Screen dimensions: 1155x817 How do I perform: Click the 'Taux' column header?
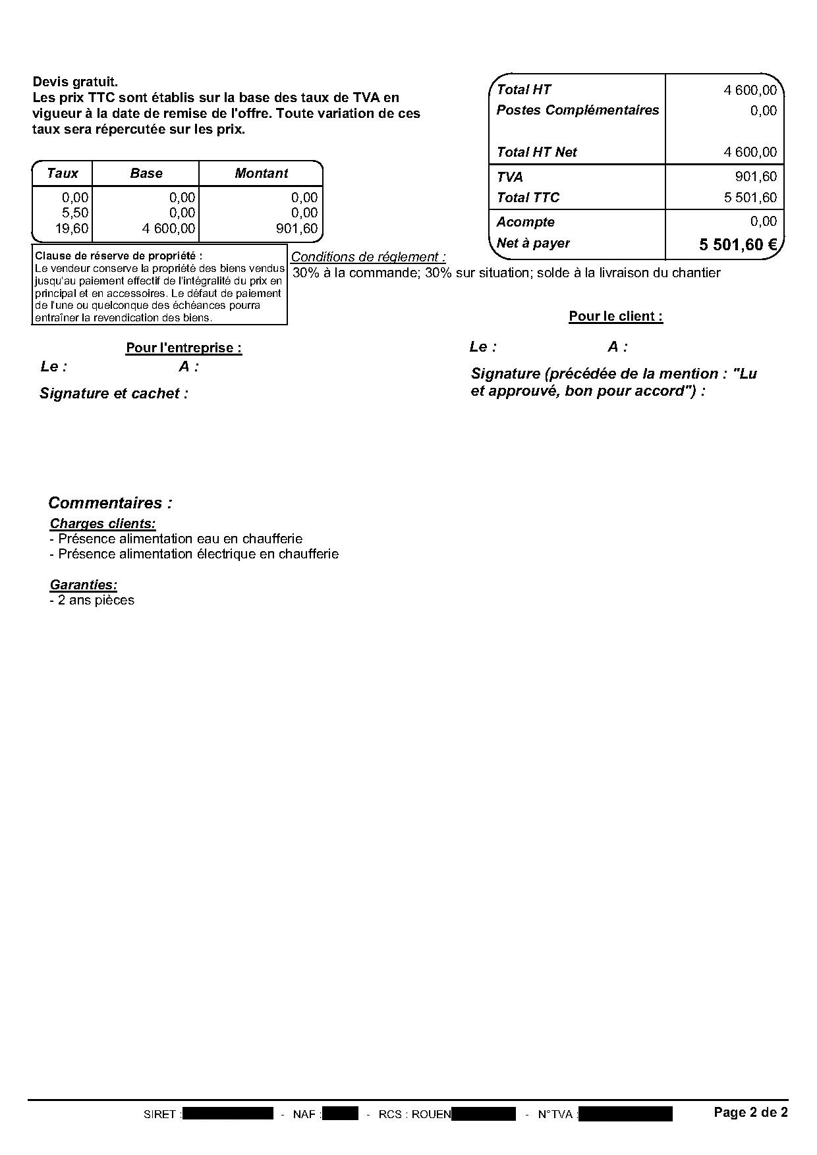63,173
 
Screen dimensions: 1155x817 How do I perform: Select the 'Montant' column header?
261,173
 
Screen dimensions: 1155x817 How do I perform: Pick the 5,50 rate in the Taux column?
74,213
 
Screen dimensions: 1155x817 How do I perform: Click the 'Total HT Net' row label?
536,152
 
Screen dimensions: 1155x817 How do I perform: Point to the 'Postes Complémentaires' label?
577,110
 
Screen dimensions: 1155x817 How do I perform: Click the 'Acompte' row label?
525,222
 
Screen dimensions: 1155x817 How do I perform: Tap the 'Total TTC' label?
528,198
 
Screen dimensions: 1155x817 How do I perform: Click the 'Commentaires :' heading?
110,503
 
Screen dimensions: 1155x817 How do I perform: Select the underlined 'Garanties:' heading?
84,585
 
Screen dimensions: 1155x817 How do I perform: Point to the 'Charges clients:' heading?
103,524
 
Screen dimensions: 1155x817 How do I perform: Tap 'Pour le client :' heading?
615,316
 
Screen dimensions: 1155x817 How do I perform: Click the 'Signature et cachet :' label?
113,394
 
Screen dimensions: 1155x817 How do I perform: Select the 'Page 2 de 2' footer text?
750,1112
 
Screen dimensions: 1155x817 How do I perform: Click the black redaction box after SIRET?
227,1114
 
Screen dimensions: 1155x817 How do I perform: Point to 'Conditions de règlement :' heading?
368,257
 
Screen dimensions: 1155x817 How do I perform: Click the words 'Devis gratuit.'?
75,82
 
